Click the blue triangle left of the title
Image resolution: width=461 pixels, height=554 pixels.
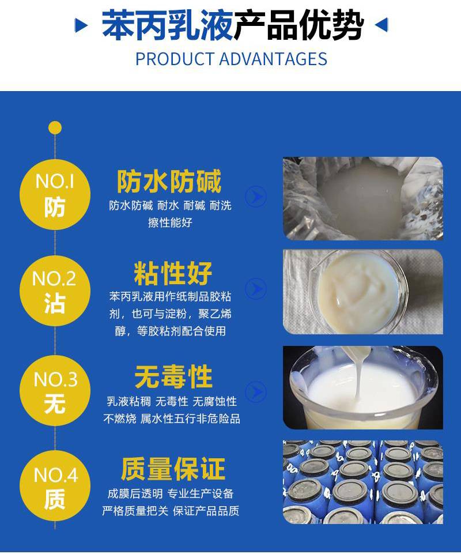coord(81,25)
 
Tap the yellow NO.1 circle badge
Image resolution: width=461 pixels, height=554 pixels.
coord(55,195)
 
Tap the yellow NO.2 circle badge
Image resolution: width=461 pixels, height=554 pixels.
coord(55,291)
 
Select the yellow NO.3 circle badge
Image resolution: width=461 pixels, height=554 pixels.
coord(55,390)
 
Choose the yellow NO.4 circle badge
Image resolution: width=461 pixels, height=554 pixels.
coord(55,486)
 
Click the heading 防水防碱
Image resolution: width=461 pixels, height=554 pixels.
coord(169,181)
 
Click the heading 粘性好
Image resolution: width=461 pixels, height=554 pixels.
coord(173,273)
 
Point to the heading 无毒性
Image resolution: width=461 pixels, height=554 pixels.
coord(173,377)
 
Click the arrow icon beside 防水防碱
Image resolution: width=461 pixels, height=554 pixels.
coord(256,197)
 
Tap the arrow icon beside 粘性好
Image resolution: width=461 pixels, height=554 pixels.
coord(256,289)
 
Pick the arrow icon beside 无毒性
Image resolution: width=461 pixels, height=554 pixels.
coord(256,392)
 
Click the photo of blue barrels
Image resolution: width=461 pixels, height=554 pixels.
coord(363,482)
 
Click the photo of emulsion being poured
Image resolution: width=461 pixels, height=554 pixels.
coord(363,388)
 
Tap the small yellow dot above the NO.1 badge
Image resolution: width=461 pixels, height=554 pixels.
coord(55,128)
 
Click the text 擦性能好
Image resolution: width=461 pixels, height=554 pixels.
coord(170,223)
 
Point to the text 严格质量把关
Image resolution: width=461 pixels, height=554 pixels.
coord(135,511)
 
